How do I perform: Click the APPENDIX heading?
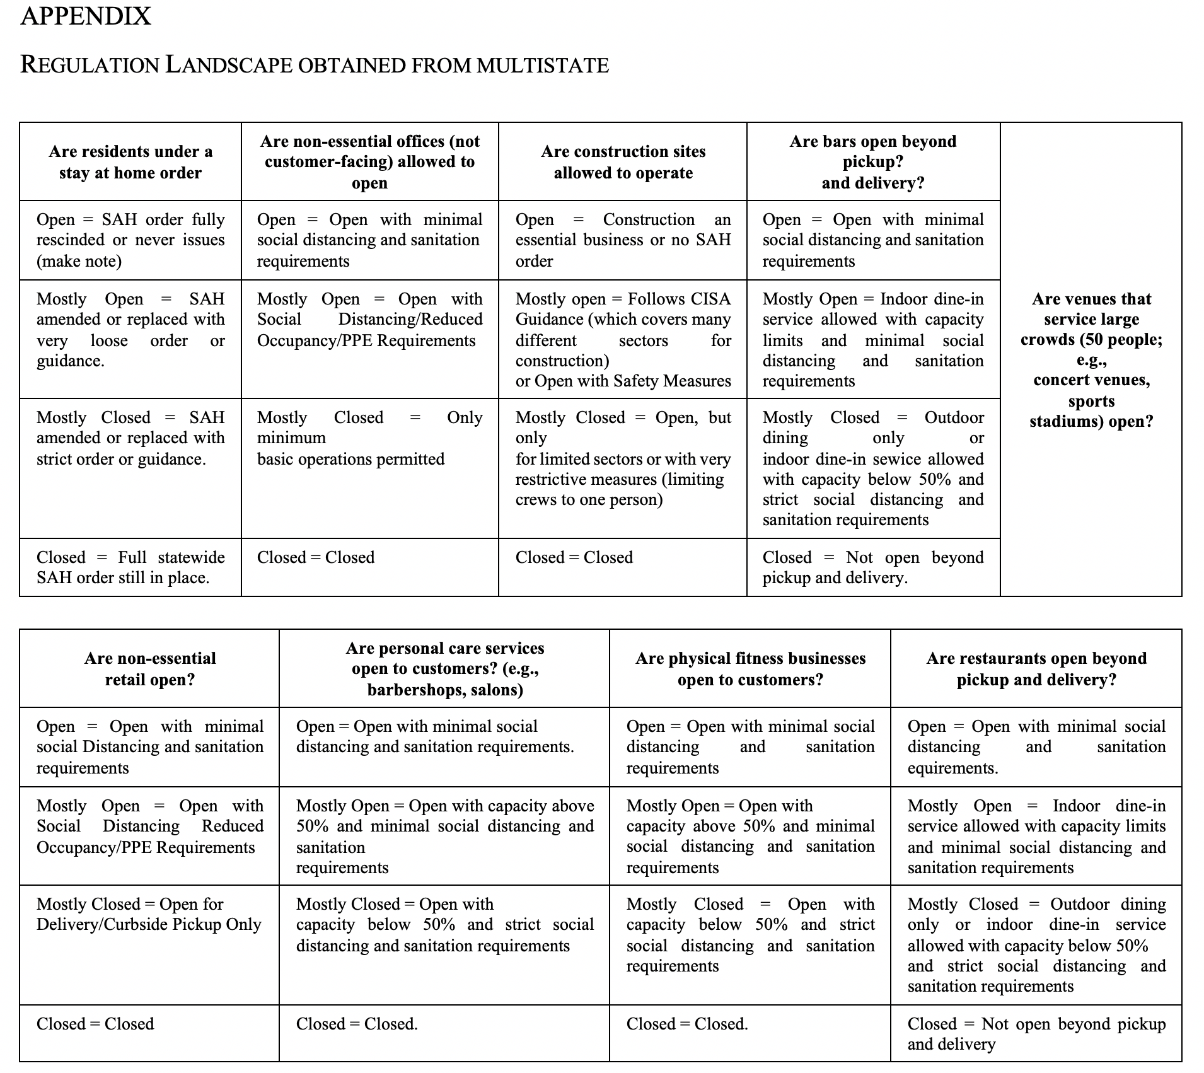(86, 16)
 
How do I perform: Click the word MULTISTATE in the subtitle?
(543, 66)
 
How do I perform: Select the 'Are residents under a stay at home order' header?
(130, 162)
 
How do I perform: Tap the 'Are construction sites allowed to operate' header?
(623, 162)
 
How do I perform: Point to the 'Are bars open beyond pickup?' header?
(873, 151)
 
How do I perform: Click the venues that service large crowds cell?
(1091, 359)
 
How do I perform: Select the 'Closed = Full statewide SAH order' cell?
(130, 567)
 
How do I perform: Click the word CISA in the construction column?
(710, 299)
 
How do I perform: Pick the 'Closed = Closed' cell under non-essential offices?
(316, 557)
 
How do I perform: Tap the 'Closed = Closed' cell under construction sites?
(574, 557)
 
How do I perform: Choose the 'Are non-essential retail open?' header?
(150, 669)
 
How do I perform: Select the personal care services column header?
(445, 669)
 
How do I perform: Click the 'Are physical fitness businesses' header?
(750, 659)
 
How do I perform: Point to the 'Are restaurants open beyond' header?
(1036, 659)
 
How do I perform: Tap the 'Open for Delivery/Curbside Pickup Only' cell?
(149, 914)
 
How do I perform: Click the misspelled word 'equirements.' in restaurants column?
(952, 768)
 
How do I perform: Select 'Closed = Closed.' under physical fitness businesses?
(687, 1024)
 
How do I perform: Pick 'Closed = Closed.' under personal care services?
(357, 1024)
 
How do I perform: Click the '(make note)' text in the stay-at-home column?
(79, 261)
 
